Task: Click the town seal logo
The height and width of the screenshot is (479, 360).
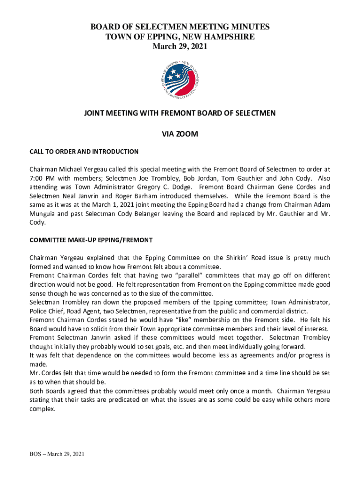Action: (180, 80)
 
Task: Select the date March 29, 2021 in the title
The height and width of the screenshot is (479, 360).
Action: (180, 46)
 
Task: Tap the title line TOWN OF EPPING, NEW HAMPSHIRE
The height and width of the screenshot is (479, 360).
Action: (180, 37)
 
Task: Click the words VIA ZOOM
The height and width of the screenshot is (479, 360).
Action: (180, 134)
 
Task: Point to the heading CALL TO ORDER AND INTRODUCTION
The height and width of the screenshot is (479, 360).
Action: (84, 152)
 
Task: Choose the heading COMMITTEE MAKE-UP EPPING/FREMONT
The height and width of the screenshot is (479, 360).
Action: (91, 240)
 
